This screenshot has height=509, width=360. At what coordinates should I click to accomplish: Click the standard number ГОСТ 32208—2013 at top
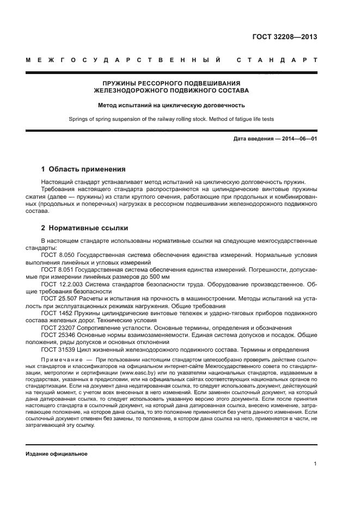click(284, 38)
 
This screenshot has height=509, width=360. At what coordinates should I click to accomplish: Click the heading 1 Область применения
click(83, 169)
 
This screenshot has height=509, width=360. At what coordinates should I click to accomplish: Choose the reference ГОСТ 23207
click(58, 328)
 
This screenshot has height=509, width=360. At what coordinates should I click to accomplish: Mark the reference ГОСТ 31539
click(58, 350)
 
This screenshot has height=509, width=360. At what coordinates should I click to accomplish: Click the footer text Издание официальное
click(57, 453)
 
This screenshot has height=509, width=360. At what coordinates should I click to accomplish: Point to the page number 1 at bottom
click(315, 464)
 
